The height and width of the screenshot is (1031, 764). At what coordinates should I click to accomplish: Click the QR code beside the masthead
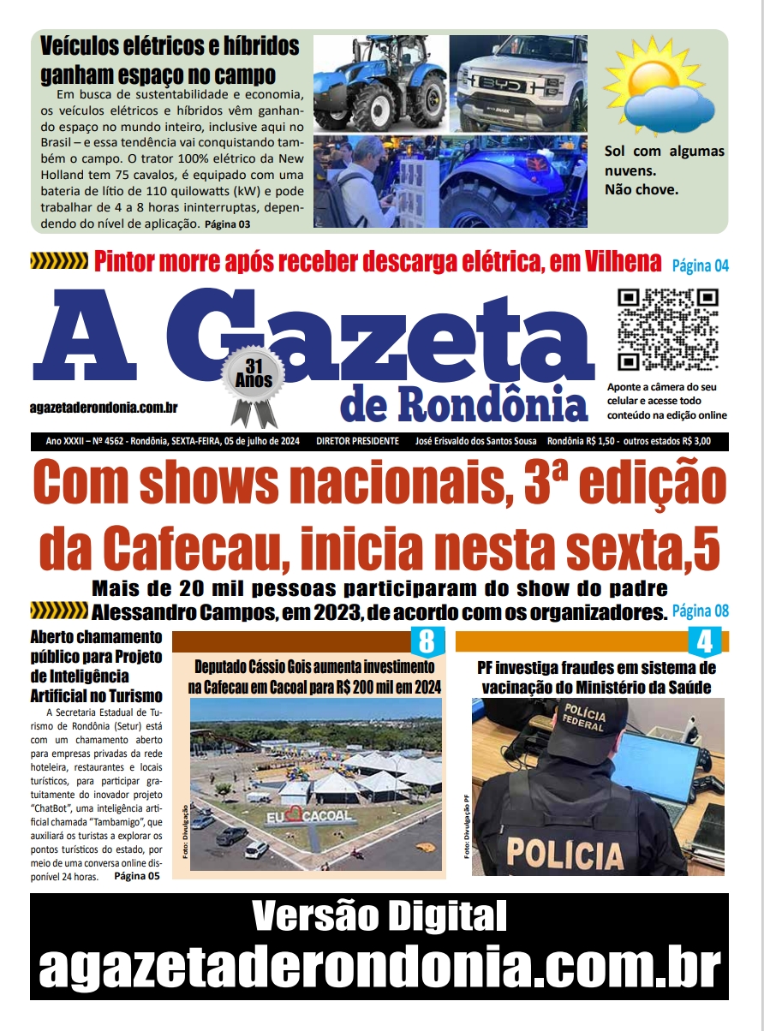[668, 330]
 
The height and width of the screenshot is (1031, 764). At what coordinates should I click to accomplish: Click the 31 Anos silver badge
[253, 378]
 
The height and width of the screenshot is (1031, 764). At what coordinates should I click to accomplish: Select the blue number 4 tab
[705, 642]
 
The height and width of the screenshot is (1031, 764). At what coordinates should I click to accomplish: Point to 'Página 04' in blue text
[700, 265]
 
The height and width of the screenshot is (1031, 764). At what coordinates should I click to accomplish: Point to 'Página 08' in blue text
[700, 611]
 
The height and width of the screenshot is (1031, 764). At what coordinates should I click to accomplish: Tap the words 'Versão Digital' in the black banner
[379, 917]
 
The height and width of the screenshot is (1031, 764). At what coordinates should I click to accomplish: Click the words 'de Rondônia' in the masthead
[464, 405]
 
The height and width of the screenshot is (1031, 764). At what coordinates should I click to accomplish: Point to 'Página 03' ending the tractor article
[228, 224]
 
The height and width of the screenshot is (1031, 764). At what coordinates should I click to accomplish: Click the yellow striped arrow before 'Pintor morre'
[59, 261]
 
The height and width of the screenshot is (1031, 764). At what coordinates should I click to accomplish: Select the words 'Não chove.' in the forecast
[642, 189]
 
